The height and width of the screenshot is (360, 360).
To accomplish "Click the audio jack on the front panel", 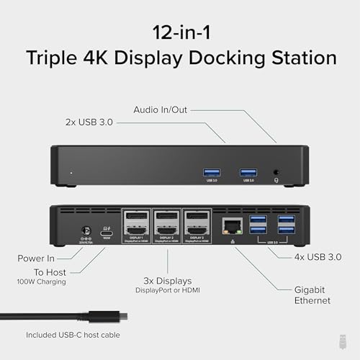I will coord(277,173).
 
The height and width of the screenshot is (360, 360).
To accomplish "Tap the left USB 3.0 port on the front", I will coord(212,172).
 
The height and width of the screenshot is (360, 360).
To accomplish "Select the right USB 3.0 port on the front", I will coord(248,172).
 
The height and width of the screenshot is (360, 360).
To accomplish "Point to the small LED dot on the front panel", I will coord(71,174).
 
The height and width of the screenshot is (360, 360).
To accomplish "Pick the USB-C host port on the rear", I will coord(107,230).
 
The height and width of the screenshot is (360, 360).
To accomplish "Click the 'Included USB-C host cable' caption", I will coord(73,335).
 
